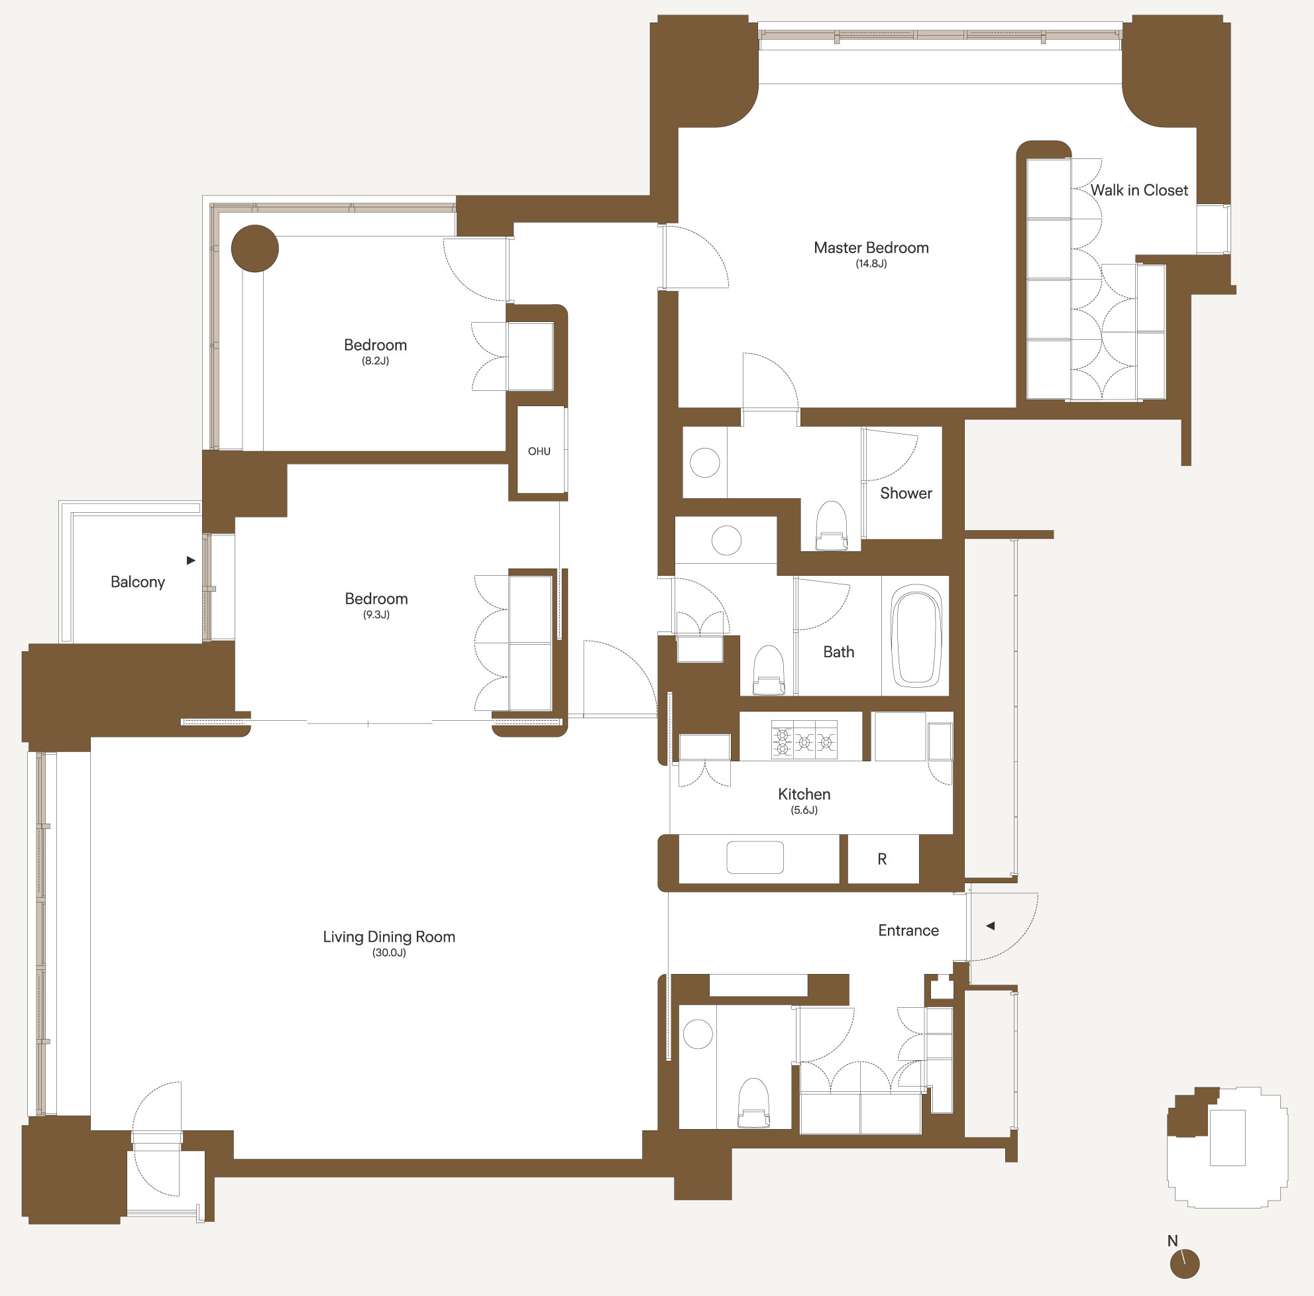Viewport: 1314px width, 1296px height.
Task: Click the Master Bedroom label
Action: [871, 248]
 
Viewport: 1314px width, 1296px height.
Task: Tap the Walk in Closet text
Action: [1139, 190]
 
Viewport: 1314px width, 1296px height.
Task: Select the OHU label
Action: [539, 451]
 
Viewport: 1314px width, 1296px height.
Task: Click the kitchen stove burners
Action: [804, 740]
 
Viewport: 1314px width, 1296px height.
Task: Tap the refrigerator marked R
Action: [883, 859]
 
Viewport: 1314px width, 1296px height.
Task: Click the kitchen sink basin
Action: [755, 857]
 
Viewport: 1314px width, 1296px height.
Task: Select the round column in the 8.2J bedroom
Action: [255, 249]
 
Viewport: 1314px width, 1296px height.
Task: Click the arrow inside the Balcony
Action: [191, 561]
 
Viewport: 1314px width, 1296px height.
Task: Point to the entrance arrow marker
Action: [990, 926]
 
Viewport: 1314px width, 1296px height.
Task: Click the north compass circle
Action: [1185, 1264]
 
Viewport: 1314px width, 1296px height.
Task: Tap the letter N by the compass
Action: [1173, 1241]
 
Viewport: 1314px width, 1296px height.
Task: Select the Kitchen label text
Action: [804, 794]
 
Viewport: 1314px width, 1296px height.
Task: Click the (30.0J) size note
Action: [389, 953]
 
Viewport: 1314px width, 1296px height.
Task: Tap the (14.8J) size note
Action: [871, 264]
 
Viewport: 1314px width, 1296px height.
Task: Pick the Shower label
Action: [906, 493]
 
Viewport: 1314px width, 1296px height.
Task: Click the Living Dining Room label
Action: [389, 937]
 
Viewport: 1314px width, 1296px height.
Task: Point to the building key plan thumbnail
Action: [1227, 1147]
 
